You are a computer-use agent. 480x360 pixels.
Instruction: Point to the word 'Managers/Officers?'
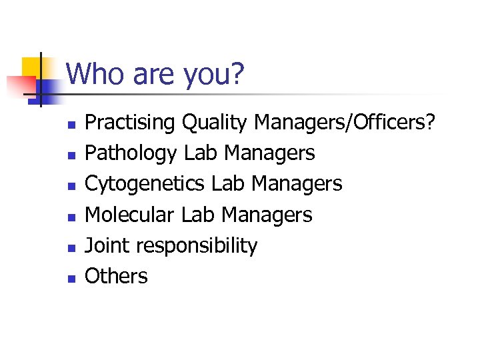point(345,123)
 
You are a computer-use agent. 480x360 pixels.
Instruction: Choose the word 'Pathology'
point(131,154)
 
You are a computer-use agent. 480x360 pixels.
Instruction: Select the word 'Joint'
point(108,246)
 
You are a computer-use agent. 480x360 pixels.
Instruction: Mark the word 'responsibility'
point(197,247)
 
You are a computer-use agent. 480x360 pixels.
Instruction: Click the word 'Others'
point(117,276)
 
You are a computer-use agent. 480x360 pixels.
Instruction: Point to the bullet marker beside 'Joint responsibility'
point(71,247)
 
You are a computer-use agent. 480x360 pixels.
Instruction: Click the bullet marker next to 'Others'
point(71,278)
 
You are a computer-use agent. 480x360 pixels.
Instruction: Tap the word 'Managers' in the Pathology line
point(270,154)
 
